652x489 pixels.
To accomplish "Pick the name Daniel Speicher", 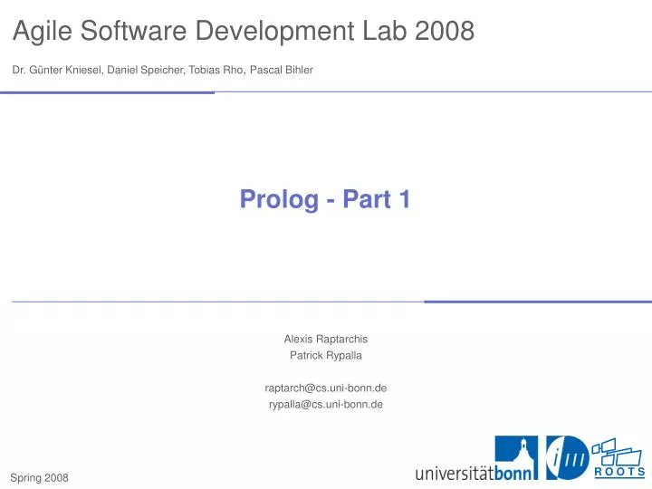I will point(146,70).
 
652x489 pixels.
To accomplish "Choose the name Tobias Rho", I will point(216,70).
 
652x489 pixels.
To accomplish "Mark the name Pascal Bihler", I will point(282,70).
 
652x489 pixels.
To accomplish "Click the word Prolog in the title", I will point(273,199).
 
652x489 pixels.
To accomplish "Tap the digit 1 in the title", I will point(404,199).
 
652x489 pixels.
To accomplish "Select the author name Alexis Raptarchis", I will point(326,339).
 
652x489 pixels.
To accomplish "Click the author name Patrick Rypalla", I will point(326,355).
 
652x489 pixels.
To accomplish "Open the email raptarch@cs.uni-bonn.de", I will point(326,388).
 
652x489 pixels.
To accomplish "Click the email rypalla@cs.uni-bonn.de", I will point(326,404).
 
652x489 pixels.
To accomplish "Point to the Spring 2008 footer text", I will point(39,476).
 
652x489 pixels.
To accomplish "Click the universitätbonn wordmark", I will point(475,473).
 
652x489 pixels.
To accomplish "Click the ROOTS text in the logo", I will point(619,472).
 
